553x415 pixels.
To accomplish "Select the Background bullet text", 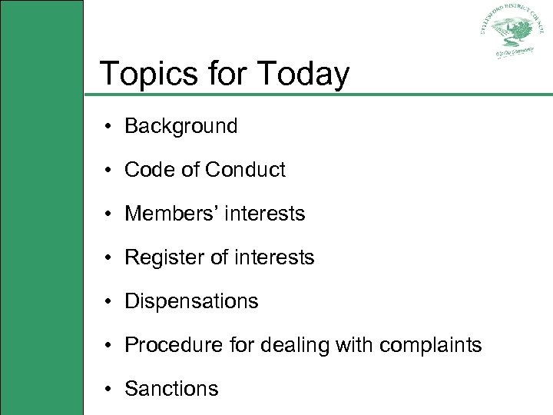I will click(x=181, y=126).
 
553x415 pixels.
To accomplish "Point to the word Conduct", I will click(x=245, y=170).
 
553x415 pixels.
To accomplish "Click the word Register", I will click(x=160, y=257).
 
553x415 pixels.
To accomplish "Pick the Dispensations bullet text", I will click(x=191, y=301).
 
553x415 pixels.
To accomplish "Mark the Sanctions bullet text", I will click(x=171, y=389).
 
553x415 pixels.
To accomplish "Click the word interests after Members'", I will click(x=266, y=214).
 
